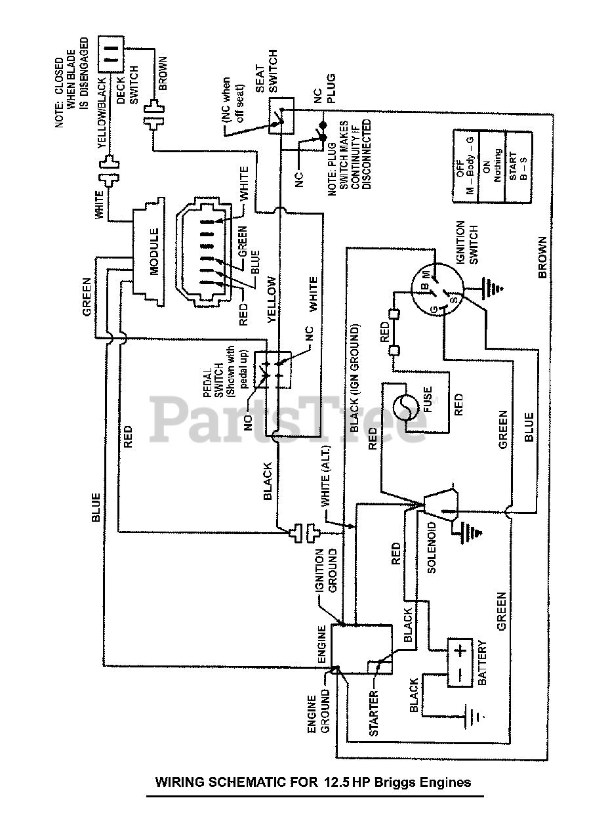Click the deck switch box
click(111, 54)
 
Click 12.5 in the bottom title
click(336, 782)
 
